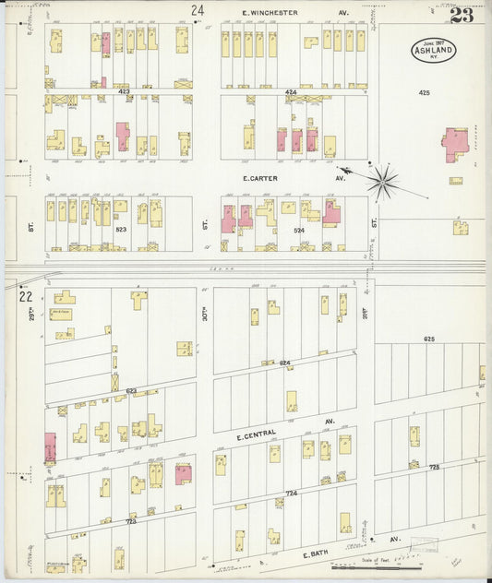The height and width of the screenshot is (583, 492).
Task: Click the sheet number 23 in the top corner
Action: [461, 16]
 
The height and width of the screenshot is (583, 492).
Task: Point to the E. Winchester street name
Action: [270, 13]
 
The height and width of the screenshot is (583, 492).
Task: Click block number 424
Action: [291, 92]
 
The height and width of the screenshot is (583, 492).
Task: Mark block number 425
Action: [424, 92]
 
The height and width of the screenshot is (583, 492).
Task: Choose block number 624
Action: [284, 363]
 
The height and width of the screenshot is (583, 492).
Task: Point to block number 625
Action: [428, 339]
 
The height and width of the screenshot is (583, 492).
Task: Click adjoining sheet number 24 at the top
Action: [197, 11]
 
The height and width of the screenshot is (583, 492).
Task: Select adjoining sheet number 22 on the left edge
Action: [26, 296]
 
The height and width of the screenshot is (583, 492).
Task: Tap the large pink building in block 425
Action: [454, 143]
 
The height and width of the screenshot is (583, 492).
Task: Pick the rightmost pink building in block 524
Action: [330, 213]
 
